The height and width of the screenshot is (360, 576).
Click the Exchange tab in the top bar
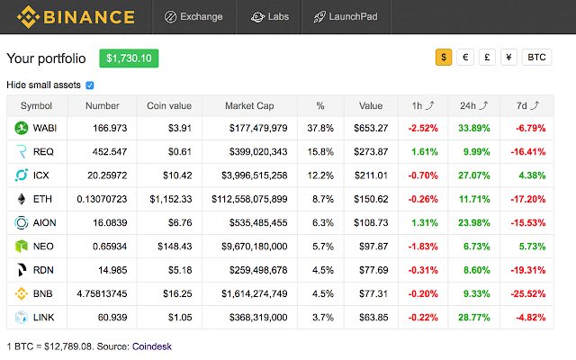click(x=193, y=17)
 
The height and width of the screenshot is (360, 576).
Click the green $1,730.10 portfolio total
click(x=129, y=58)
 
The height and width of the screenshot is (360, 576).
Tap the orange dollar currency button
click(x=444, y=58)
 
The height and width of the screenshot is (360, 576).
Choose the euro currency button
click(x=465, y=58)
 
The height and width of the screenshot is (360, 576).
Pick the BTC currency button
click(x=537, y=58)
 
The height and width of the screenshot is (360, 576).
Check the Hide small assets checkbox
click(x=89, y=85)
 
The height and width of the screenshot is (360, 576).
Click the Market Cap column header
click(x=249, y=105)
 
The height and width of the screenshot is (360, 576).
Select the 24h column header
click(x=472, y=105)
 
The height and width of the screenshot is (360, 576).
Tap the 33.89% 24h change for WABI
click(x=473, y=129)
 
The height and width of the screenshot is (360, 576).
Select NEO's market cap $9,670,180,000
click(x=256, y=246)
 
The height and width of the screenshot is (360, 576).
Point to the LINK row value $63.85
click(x=373, y=317)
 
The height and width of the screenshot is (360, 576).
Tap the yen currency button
click(x=508, y=58)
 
